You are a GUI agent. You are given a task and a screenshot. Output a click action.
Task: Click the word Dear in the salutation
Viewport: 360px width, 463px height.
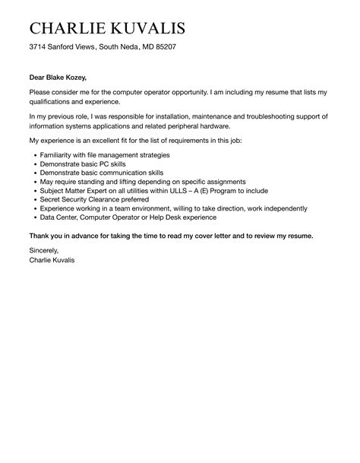(38, 78)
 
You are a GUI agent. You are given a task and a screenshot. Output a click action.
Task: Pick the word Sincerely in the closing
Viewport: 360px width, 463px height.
(43, 249)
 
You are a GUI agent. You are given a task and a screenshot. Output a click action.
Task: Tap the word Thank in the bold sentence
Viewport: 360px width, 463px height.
(41, 235)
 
